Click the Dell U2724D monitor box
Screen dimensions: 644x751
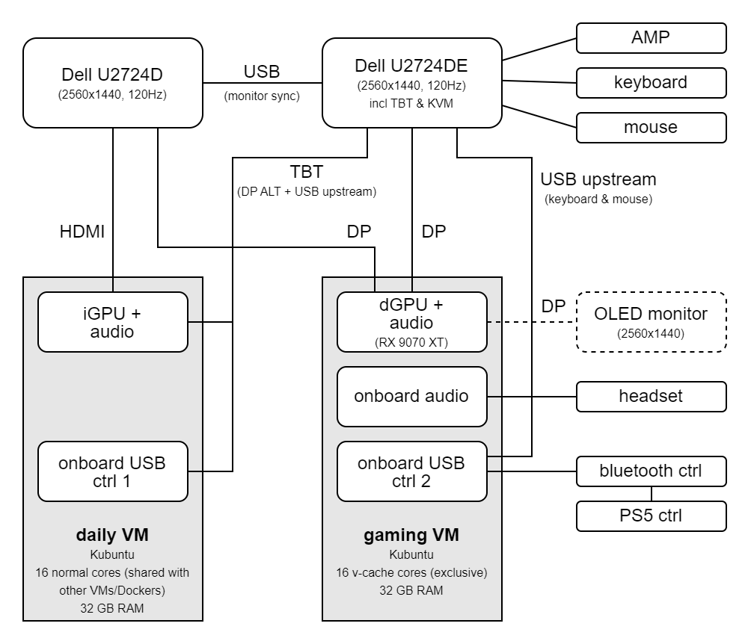coord(112,82)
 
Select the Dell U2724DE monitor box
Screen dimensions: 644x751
coord(411,82)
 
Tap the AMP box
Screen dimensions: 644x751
coord(651,37)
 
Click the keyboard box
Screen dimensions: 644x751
coord(651,82)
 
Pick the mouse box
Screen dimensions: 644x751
coord(651,127)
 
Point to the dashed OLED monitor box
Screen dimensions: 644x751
coord(651,321)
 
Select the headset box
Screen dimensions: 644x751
coord(651,396)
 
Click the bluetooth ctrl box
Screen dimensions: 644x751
coord(651,471)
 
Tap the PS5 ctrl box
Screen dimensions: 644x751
coord(651,515)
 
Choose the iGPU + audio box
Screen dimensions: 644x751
coord(112,321)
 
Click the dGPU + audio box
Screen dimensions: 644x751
coord(411,321)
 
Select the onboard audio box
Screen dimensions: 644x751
coord(411,396)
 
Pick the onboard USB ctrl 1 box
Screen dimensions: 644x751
coord(112,471)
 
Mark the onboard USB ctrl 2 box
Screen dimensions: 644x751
coord(411,471)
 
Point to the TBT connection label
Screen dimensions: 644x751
coord(306,173)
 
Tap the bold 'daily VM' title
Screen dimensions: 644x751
coord(112,535)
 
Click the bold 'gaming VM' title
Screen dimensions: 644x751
coord(411,535)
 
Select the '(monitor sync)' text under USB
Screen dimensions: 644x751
coord(262,96)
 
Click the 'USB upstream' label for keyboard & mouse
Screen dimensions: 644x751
coord(598,179)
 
